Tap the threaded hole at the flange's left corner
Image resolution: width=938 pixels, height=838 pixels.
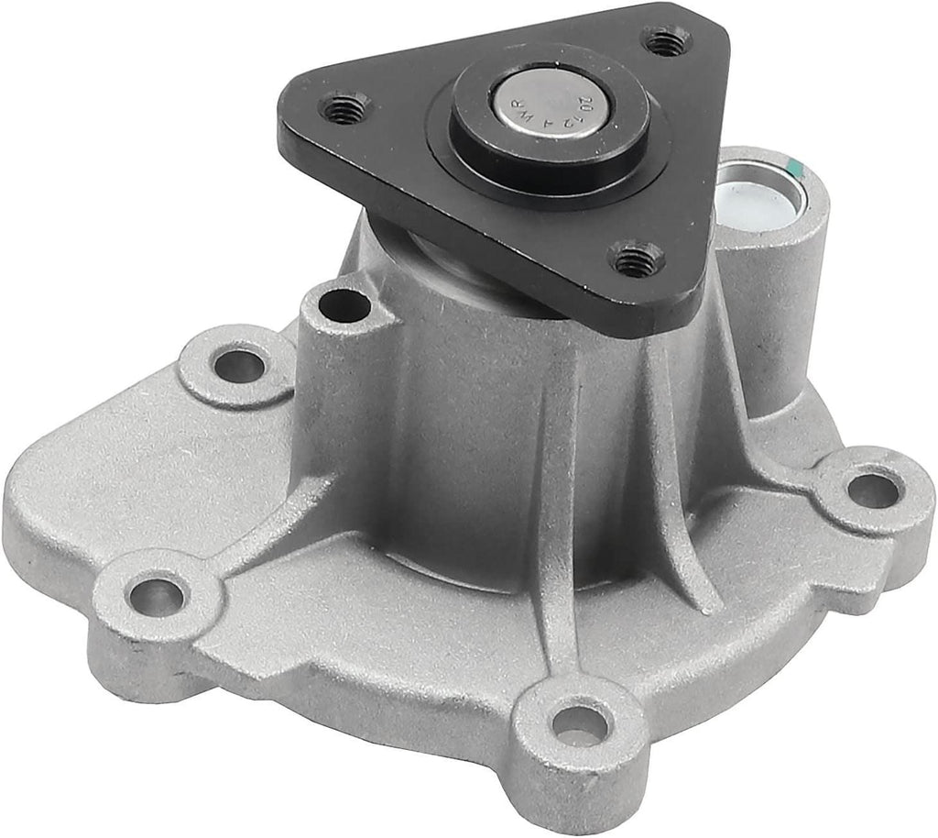[x=346, y=109]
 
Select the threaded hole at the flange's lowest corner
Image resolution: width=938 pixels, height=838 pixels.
[x=636, y=260]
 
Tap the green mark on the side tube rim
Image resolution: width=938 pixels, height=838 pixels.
[x=796, y=168]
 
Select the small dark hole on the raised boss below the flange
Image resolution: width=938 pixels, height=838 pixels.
[x=346, y=304]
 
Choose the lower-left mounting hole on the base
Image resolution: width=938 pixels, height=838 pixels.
[x=157, y=596]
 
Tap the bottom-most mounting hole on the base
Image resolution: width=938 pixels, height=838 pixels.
[x=579, y=723]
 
